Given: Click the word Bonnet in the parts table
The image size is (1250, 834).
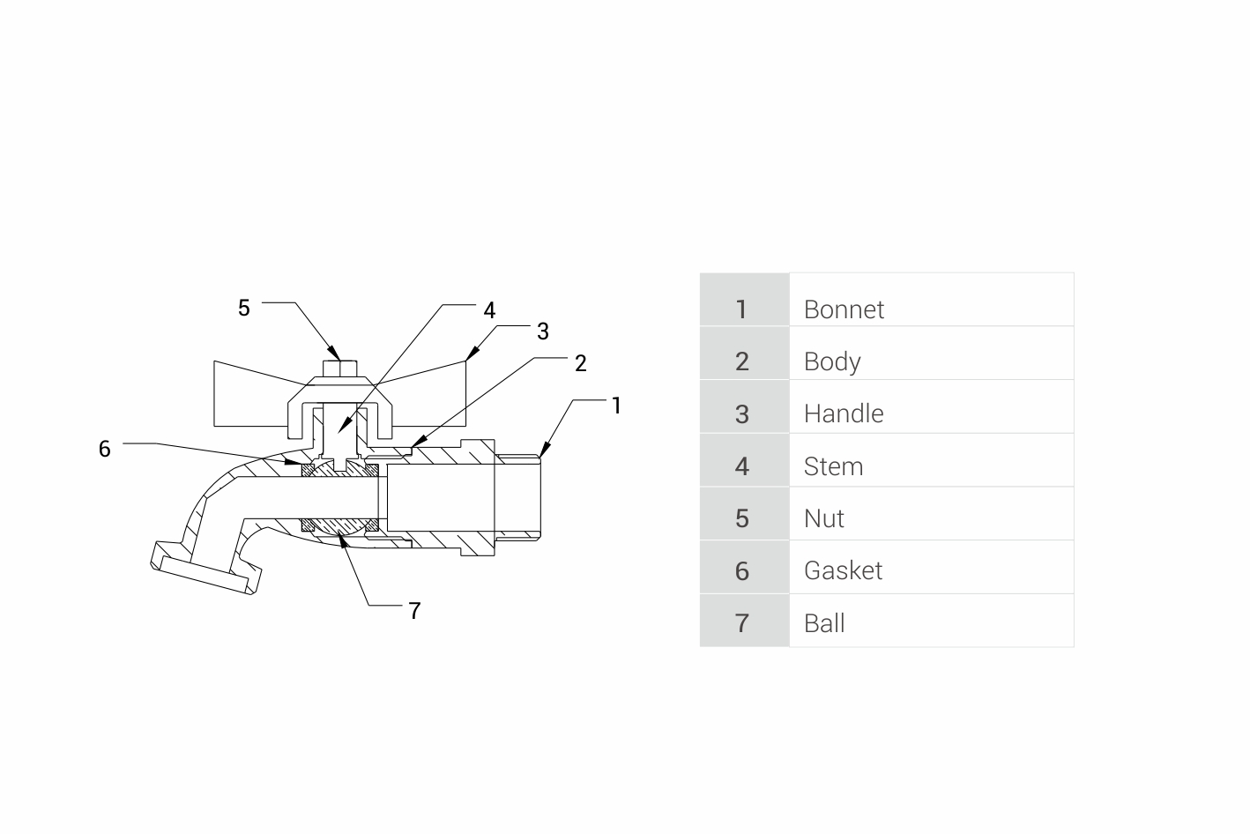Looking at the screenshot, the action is [844, 309].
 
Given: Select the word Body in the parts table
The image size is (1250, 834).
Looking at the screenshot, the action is [832, 362].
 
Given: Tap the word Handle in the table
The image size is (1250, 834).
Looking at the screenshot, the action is [844, 414].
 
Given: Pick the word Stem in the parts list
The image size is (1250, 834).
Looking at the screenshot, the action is [833, 466].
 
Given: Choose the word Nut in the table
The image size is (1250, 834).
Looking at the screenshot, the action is [823, 519].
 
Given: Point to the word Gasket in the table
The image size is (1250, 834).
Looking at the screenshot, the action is [844, 571].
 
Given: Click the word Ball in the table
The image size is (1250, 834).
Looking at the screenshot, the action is [824, 623].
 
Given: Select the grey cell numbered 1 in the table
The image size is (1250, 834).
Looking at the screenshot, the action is [744, 299].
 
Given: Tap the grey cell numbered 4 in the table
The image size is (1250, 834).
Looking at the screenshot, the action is [744, 460].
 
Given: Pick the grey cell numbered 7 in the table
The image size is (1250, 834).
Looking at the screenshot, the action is [744, 620].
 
